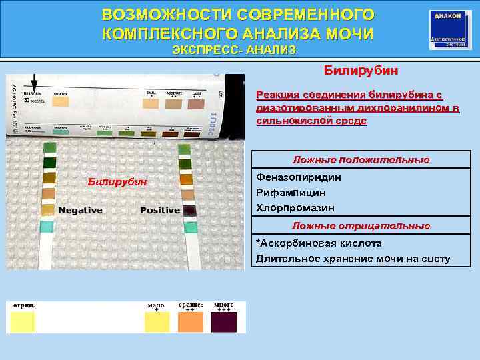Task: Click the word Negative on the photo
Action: coord(80,210)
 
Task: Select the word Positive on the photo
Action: coord(160,210)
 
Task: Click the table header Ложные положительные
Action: coord(361,160)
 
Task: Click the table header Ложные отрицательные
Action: coord(361,226)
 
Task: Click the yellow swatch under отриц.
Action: coord(22,323)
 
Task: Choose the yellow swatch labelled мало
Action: coord(157,323)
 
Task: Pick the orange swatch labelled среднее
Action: coord(190,323)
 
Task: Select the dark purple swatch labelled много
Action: coord(224,323)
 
